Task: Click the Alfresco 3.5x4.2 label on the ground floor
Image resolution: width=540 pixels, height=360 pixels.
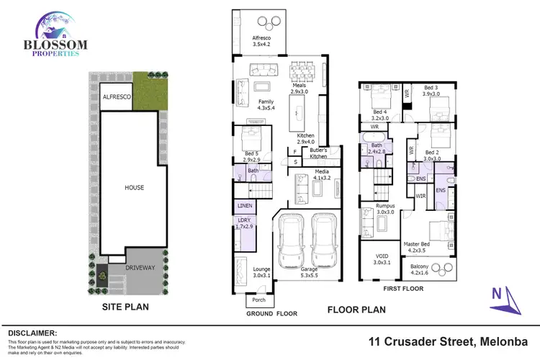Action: click(261, 41)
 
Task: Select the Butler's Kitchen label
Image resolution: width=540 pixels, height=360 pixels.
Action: click(319, 153)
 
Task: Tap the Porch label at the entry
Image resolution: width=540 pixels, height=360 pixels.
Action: click(258, 300)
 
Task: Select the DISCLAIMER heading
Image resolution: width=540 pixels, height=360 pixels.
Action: click(32, 333)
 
